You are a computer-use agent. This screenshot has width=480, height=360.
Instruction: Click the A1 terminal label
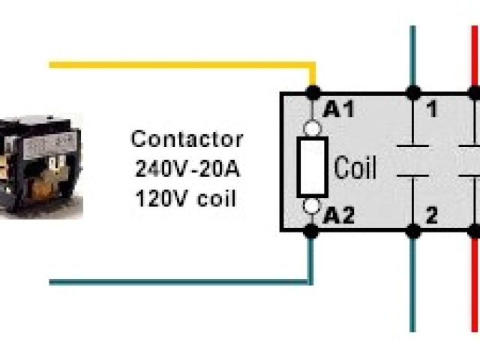339,109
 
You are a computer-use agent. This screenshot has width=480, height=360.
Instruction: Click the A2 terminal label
338,217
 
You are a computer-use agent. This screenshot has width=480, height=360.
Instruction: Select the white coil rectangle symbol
312,166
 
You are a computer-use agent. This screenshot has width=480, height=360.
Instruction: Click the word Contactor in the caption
187,139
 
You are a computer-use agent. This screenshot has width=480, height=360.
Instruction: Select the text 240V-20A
187,168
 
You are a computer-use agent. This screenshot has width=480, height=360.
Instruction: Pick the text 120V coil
186,199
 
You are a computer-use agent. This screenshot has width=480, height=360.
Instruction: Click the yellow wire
180,65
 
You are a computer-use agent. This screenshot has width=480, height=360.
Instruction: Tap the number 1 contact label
431,110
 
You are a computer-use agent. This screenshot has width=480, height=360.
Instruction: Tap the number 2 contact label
431,217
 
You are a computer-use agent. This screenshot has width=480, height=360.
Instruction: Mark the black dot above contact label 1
412,94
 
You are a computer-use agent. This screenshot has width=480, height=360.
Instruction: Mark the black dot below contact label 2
412,232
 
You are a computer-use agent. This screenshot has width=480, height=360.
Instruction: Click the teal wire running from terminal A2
180,282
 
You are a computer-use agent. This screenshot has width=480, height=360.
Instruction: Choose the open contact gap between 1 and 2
412,161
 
